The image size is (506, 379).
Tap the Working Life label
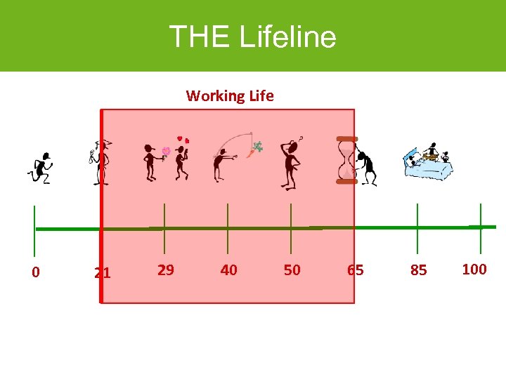[230, 95]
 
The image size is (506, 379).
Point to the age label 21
[103, 272]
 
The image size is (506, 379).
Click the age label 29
[166, 270]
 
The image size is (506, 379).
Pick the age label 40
[228, 270]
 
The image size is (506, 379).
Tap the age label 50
[292, 270]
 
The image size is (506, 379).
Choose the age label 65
[356, 270]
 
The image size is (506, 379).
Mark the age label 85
[418, 270]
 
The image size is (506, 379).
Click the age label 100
[474, 269]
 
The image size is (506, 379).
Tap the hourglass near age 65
[346, 160]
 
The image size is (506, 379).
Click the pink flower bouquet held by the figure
[167, 152]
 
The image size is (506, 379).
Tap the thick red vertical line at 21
[101, 211]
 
